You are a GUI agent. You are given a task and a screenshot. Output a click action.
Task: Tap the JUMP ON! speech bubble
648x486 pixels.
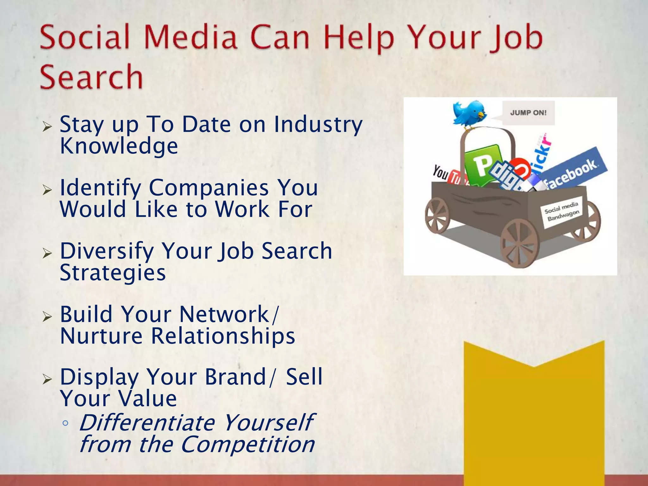coord(528,113)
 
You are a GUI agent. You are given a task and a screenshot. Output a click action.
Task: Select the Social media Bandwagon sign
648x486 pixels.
coord(562,211)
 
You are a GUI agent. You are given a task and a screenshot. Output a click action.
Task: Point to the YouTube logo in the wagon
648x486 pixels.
coord(446,175)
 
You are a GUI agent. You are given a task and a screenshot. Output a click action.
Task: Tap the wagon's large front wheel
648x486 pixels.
coord(519,243)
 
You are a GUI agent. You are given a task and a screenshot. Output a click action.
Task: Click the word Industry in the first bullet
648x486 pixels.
coord(318,125)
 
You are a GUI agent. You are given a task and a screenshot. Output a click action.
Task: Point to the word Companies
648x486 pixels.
coord(209,188)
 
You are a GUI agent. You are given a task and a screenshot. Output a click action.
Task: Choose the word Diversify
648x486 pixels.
coord(107,251)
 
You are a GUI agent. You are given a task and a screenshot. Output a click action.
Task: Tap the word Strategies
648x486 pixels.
coord(113,273)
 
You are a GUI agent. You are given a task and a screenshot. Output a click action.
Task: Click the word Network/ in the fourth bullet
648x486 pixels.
coord(229,315)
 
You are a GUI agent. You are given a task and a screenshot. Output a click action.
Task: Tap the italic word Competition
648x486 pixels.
coord(248,445)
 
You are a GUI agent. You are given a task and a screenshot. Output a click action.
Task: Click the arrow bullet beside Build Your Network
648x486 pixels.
coord(47,316)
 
